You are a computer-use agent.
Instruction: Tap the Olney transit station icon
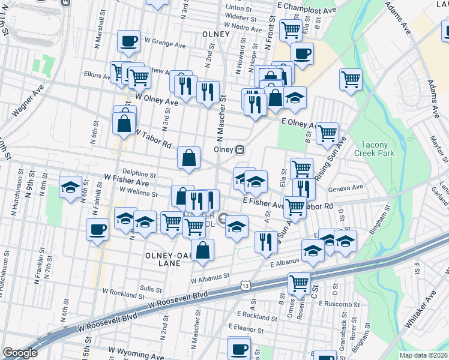tap(240, 148)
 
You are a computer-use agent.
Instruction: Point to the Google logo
tap(20, 353)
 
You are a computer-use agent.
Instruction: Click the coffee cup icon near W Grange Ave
tap(129, 42)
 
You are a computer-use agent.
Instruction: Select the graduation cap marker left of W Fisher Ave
tap(71, 187)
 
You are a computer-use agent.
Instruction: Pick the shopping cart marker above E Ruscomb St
tap(299, 283)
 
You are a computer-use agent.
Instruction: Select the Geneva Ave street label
tap(346, 188)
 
